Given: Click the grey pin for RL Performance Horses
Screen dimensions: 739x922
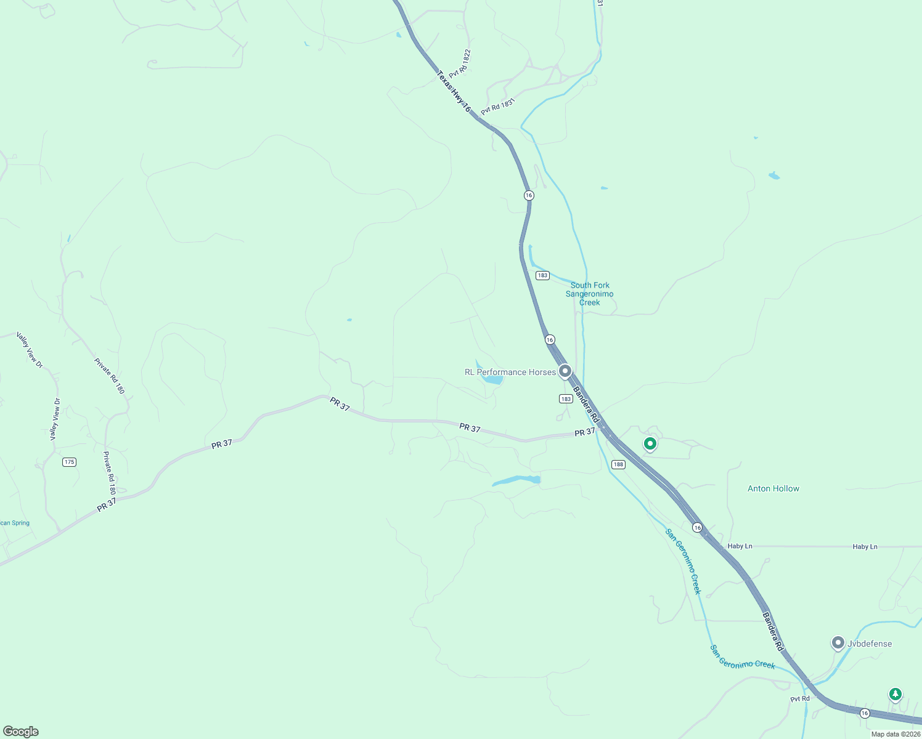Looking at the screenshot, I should pos(565,371).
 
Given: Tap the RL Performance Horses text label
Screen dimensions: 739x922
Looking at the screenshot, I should pos(510,372).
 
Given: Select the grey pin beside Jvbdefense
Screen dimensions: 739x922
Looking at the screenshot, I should pos(838,643).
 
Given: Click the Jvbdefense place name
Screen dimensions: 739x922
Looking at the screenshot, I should pos(870,644).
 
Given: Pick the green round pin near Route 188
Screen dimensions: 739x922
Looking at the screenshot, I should pos(650,443).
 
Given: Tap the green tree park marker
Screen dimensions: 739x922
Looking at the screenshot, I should pos(895,694).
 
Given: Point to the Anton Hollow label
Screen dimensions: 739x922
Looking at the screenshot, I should pos(773,488).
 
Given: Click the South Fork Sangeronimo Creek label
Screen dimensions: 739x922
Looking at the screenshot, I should pos(590,294).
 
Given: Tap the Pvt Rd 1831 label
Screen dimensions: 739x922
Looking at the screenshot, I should pos(497,106).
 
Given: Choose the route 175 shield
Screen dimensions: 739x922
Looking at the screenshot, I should pos(69,462).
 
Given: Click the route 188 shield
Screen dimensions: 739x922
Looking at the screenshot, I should pos(618,464).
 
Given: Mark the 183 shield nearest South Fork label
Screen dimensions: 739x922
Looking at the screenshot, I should pos(542,275).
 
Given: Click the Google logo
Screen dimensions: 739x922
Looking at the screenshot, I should pos(21,731).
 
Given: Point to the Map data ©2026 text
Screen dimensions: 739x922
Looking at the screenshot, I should pos(895,734).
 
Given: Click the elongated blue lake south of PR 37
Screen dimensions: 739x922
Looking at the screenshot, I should pos(516,480).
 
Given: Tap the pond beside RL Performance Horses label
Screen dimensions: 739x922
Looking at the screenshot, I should pos(492,379).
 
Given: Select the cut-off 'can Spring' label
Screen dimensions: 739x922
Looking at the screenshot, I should pos(15,523).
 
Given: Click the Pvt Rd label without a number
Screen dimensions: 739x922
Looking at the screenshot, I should pos(800,698).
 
